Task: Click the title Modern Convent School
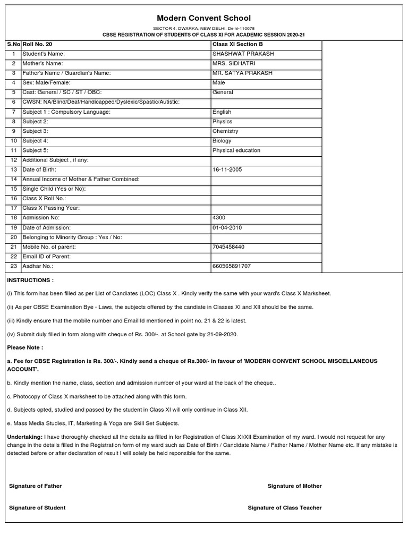point(203,18)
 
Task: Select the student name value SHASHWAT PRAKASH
point(243,54)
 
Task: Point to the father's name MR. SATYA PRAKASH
point(242,73)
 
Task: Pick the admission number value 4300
point(218,218)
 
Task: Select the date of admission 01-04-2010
point(227,227)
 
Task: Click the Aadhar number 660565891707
point(231,266)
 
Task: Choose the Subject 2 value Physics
point(222,122)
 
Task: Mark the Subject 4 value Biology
point(222,141)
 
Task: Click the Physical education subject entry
point(236,150)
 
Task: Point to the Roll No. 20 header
point(37,45)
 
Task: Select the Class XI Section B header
point(237,45)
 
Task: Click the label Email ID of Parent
point(46,257)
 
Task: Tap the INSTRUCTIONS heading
point(30,280)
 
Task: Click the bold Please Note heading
point(25,347)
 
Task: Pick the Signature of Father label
point(35,486)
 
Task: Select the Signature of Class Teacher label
point(284,508)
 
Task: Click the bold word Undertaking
point(23,436)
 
